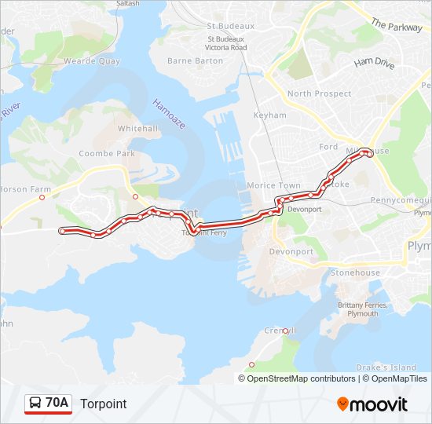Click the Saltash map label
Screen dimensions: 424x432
coord(127,4)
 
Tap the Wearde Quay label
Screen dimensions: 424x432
coord(92,60)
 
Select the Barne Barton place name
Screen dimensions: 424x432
coord(196,60)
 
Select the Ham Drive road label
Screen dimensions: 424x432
coord(374,63)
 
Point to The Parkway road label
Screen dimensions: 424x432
coord(397,24)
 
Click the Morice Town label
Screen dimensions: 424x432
coord(273,185)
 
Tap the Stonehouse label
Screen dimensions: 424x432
coord(354,273)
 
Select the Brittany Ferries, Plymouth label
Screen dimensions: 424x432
coord(357,309)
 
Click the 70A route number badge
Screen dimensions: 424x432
coord(48,404)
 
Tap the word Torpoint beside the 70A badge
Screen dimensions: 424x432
coord(103,404)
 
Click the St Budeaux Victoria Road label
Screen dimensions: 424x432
coord(226,42)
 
